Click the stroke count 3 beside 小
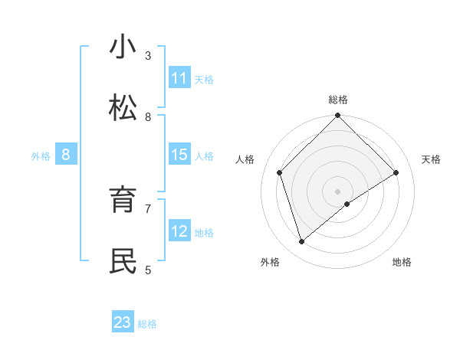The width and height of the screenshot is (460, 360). click(148, 55)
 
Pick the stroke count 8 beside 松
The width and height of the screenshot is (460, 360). click(148, 116)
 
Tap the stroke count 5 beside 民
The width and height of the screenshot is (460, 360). click(148, 270)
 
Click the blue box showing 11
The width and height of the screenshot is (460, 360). click(179, 78)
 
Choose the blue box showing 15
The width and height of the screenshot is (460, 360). click(179, 155)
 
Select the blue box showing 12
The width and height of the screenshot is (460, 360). click(179, 231)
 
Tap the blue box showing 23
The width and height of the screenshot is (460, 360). click(123, 322)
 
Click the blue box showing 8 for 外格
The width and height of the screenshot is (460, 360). click(66, 155)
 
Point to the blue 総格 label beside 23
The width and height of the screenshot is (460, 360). click(147, 323)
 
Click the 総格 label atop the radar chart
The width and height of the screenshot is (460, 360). click(338, 100)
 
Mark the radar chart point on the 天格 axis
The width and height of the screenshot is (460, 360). click(396, 172)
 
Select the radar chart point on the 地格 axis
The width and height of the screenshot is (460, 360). click(347, 204)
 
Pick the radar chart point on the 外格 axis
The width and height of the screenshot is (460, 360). click(301, 242)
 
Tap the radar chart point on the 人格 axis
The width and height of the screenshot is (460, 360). click(280, 172)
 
